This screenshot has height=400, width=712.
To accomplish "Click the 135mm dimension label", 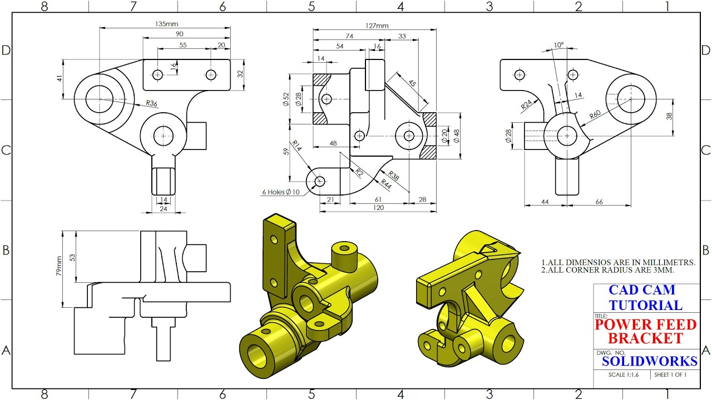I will (167, 24).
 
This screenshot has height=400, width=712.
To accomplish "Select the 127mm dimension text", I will (377, 26).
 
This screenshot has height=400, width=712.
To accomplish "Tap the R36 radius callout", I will (151, 103).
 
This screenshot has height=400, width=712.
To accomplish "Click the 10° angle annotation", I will (558, 45).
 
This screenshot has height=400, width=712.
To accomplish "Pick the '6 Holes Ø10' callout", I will (281, 192).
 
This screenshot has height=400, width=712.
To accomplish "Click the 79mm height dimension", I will (60, 267).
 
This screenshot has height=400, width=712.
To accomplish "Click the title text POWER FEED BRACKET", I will (645, 331).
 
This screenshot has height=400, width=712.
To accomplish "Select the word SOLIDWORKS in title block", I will (649, 361).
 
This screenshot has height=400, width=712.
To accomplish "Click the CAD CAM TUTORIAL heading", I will (645, 297).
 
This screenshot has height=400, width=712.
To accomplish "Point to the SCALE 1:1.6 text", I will (624, 374).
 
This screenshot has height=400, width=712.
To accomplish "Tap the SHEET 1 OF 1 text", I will (670, 374).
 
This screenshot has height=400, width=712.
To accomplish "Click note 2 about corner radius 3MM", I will (608, 270).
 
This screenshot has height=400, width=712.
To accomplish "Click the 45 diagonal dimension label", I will (412, 83).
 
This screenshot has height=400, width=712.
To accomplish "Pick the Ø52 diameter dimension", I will (286, 99).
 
